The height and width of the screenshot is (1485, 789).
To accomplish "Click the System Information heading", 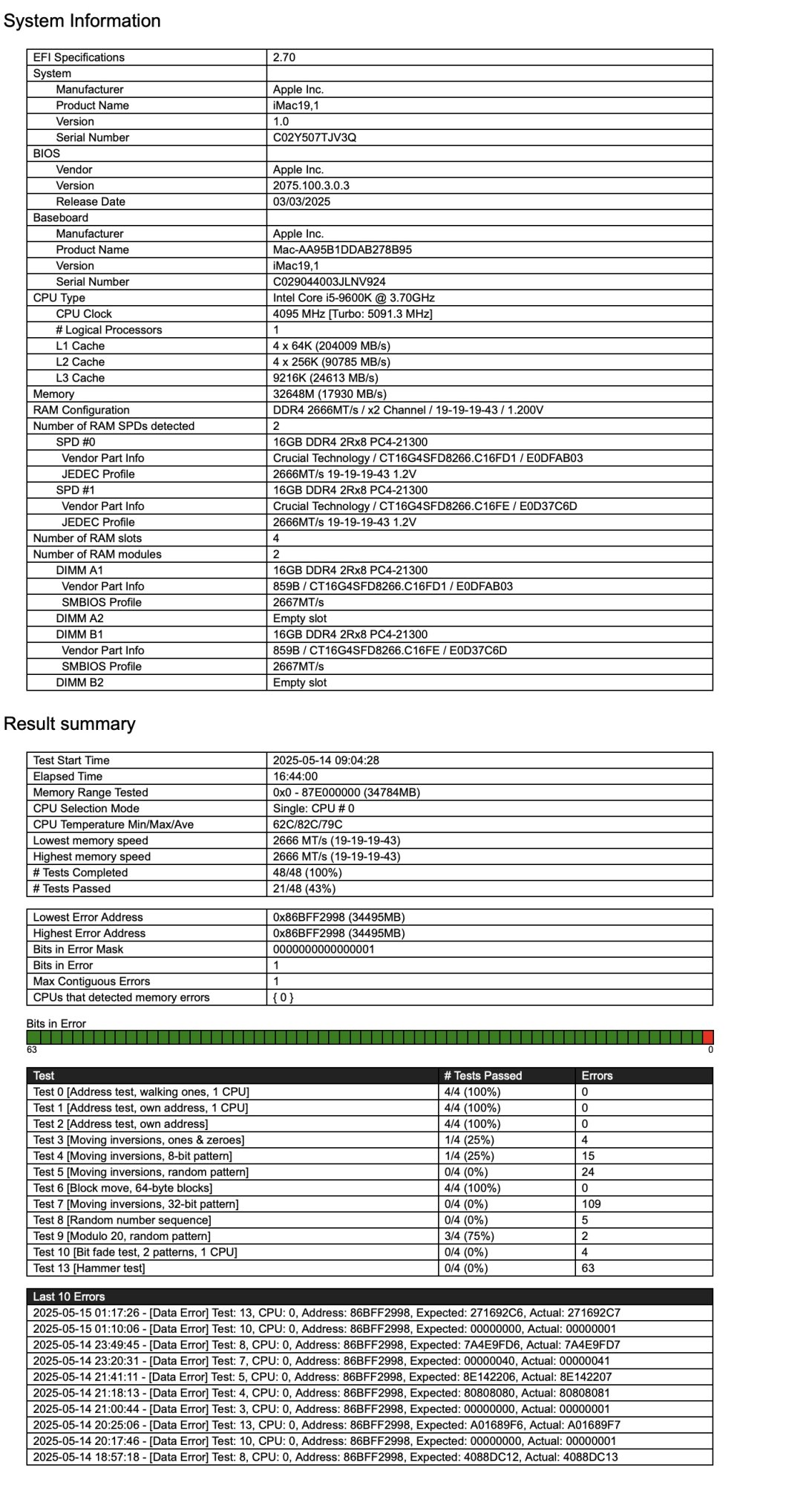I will (x=82, y=21).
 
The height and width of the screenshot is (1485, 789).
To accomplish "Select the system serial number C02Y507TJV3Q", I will (x=315, y=137).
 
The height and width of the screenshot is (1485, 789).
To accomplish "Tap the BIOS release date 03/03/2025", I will (x=301, y=202).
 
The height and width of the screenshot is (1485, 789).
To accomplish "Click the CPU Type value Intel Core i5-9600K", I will (x=353, y=298).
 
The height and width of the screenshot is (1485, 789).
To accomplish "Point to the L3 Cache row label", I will (x=80, y=378).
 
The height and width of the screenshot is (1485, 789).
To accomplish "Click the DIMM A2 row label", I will (x=79, y=619).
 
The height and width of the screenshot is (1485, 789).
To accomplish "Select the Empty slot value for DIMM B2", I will (x=300, y=682).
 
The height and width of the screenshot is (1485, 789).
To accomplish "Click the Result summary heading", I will (x=70, y=724).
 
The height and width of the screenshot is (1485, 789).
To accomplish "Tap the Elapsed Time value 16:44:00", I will (x=295, y=777).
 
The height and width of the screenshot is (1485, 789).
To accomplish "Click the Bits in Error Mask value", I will (x=324, y=950).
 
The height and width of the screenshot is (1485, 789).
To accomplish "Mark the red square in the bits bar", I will (x=707, y=1037).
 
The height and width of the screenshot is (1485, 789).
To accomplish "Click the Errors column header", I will (x=597, y=1076).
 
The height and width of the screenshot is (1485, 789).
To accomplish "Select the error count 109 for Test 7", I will (x=591, y=1204).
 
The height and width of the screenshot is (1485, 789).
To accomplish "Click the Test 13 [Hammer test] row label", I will (x=89, y=1268).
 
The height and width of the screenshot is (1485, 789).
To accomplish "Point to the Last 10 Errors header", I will (x=69, y=1296).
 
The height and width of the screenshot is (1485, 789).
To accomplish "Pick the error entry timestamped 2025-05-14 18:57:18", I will (x=325, y=1457).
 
